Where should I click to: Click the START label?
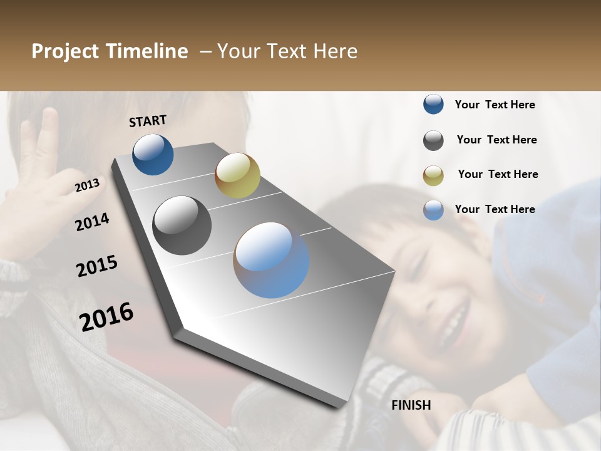[x=148, y=121]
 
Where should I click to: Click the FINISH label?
[x=411, y=405]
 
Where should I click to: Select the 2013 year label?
[x=87, y=185]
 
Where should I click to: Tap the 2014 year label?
[x=92, y=222]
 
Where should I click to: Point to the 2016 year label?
[x=106, y=316]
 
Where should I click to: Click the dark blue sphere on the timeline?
[x=153, y=154]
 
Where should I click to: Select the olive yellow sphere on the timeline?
[x=237, y=175]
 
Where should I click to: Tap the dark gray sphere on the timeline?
[x=182, y=225]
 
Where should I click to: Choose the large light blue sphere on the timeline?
[x=271, y=260]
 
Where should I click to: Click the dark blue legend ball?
[x=433, y=105]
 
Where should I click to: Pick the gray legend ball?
[x=433, y=140]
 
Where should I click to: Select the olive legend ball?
[x=433, y=175]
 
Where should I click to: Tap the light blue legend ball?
[x=433, y=210]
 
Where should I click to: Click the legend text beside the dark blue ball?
[x=495, y=105]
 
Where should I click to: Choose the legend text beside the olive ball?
[x=498, y=174]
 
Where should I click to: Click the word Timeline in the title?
[x=146, y=51]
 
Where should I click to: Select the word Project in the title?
[x=65, y=51]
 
